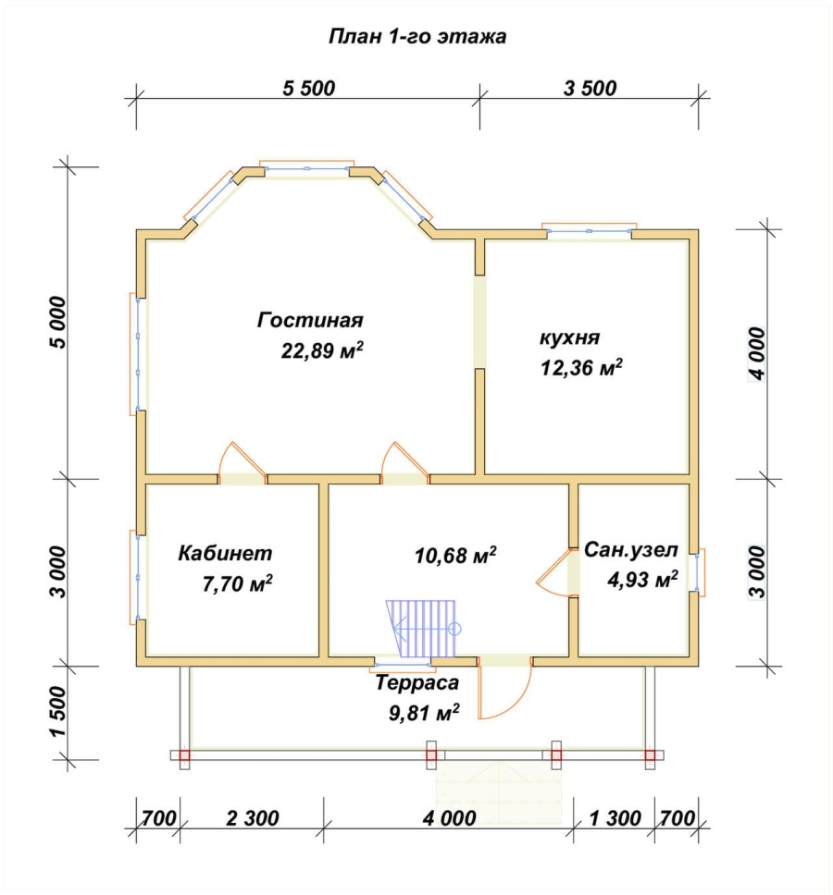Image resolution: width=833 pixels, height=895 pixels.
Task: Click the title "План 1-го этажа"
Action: pos(417,37)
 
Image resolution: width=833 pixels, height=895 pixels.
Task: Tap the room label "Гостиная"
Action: pos(310,320)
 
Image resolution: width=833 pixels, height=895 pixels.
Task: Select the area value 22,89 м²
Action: pos(322,349)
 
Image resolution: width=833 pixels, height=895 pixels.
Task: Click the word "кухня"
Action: pos(569,337)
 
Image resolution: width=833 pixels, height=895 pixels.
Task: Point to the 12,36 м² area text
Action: pos(581,367)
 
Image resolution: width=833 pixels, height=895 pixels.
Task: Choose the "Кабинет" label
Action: pos(225,553)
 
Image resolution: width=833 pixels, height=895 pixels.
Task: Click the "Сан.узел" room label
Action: pos(630,550)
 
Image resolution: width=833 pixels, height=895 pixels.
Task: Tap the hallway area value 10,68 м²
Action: pos(455,555)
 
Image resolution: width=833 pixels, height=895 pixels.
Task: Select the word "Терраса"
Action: pos(417,682)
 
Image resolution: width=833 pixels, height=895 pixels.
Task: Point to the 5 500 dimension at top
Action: pos(308,89)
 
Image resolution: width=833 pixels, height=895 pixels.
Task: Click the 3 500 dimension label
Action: pos(590,89)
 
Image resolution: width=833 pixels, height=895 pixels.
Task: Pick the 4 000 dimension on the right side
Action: pos(757,354)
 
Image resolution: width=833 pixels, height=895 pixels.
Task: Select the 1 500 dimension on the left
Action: pos(59,712)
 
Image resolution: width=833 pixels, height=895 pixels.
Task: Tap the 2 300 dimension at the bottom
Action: pos(253,818)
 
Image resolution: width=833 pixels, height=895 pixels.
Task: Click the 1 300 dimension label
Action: pos(615,818)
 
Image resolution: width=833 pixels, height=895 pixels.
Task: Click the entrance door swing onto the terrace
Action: pos(505,691)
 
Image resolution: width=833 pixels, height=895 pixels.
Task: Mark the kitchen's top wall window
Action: pos(589,230)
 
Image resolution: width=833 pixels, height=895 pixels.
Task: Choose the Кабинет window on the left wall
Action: pos(136,577)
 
